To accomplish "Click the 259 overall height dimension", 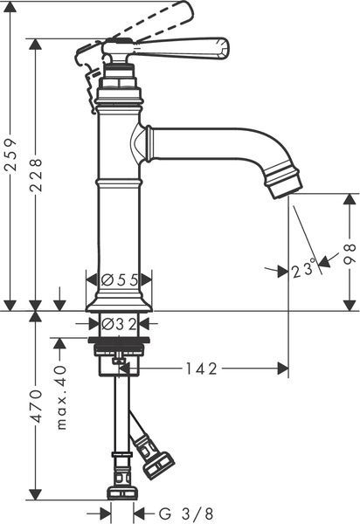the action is pyautogui.click(x=11, y=155).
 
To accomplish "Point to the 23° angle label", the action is pyautogui.click(x=303, y=270).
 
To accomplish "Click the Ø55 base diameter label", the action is pyautogui.click(x=119, y=279).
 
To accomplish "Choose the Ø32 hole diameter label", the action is pyautogui.click(x=119, y=323).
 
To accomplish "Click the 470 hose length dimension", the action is pyautogui.click(x=36, y=406).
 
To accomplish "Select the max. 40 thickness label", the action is pyautogui.click(x=61, y=397).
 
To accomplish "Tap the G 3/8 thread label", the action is pyautogui.click(x=186, y=514).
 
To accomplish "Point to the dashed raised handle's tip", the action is pyautogui.click(x=191, y=9).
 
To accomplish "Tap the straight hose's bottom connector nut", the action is pyautogui.click(x=122, y=493).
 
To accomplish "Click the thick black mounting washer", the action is pyautogui.click(x=119, y=341).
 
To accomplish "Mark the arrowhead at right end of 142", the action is pyautogui.click(x=283, y=369).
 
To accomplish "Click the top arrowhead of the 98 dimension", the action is pyautogui.click(x=350, y=199).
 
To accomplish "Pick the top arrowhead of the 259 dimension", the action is pyautogui.click(x=11, y=7).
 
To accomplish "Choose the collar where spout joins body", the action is pyautogui.click(x=149, y=143).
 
